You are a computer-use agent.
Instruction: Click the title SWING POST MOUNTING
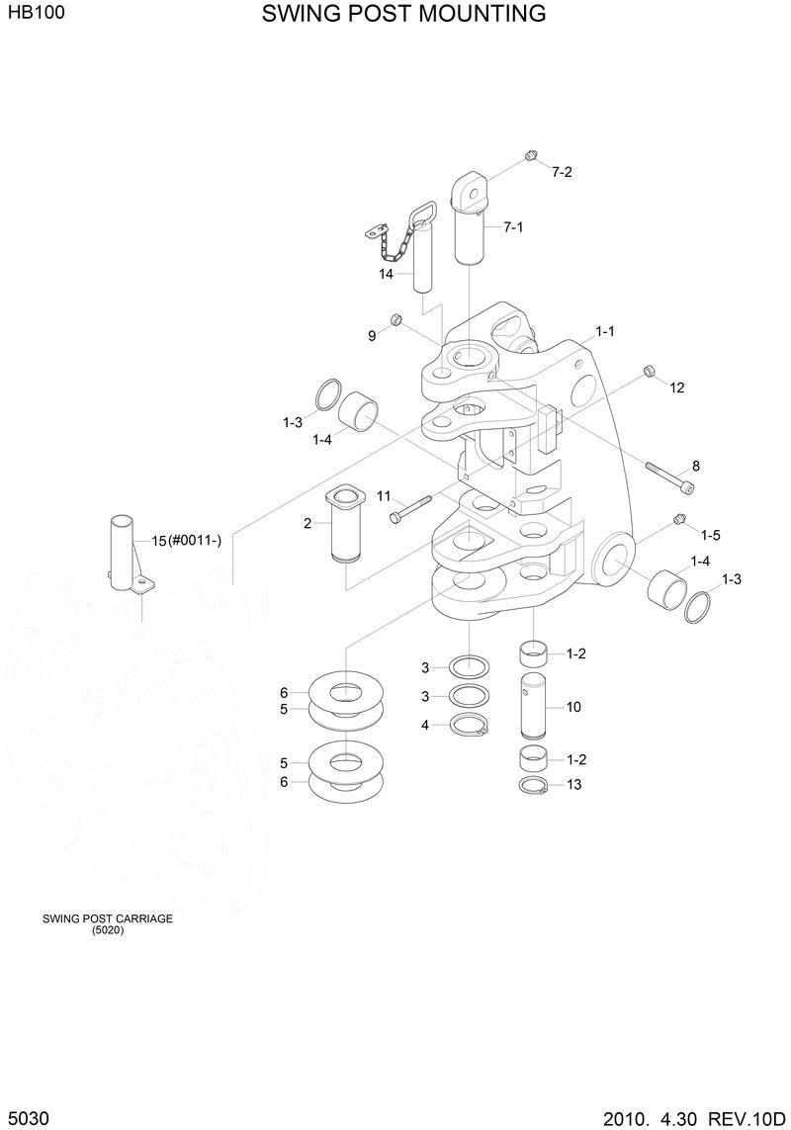coord(403,14)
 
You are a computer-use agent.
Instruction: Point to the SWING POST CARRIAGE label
coord(107,918)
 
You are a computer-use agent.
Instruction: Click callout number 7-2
coord(562,172)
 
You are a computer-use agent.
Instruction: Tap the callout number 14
coord(387,274)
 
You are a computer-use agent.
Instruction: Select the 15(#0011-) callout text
coord(186,540)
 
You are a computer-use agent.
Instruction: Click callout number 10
coord(573,708)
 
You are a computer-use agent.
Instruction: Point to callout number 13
coord(573,785)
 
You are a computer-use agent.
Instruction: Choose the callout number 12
coord(676,389)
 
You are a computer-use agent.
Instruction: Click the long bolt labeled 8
coord(669,477)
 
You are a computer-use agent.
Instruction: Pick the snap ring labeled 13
coord(534,785)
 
